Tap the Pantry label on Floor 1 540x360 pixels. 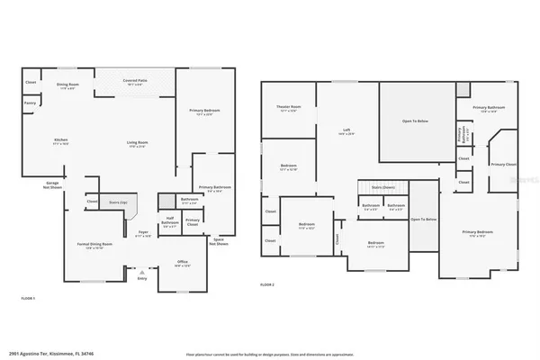(x=30, y=103)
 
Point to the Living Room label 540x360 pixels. (x=137, y=144)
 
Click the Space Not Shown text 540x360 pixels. (x=218, y=242)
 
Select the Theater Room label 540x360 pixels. (x=288, y=109)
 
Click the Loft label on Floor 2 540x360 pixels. (x=346, y=130)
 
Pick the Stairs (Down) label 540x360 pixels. (x=383, y=187)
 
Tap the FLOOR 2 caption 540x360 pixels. (x=266, y=283)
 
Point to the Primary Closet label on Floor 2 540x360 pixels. (x=502, y=165)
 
